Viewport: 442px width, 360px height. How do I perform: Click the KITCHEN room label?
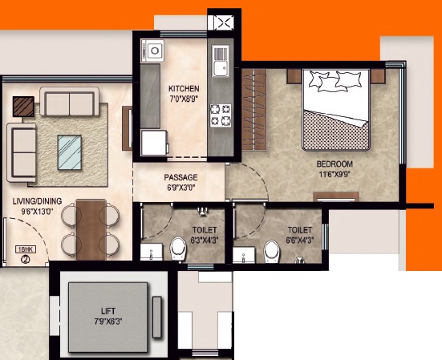184,89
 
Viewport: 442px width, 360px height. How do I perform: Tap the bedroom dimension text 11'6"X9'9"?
335,174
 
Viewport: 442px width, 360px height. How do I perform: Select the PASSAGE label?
180,177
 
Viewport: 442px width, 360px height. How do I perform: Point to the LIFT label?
108,311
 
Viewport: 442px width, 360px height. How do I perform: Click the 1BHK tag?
26,249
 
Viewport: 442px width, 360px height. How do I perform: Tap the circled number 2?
26,259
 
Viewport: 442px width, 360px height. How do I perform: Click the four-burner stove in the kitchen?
221,115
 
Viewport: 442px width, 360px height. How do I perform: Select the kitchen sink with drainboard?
220,61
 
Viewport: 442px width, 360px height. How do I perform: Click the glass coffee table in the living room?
70,152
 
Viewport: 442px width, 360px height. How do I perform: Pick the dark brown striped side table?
23,107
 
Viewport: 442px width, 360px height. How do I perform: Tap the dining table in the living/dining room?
91,229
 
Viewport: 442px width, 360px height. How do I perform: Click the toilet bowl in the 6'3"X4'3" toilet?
179,249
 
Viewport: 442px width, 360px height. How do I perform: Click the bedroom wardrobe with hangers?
254,109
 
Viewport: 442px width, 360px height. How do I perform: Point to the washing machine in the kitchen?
154,143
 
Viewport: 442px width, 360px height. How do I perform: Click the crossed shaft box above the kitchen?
224,22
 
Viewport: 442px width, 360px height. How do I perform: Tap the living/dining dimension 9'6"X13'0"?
37,211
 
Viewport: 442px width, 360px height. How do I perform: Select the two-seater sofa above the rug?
69,101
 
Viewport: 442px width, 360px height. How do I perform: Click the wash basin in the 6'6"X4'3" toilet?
244,255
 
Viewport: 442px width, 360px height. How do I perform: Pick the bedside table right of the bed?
378,76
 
